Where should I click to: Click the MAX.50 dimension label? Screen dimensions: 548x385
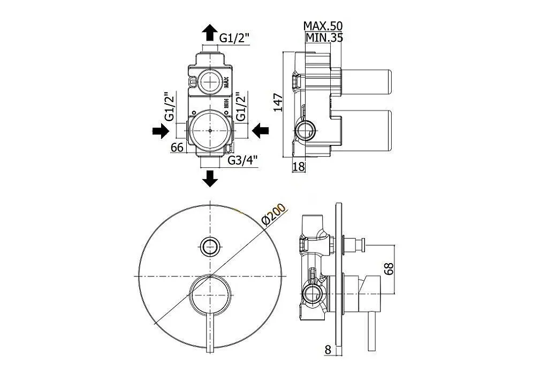pos(323,26)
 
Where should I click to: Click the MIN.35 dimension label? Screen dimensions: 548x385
pos(324,37)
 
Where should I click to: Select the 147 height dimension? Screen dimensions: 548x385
pos(278,102)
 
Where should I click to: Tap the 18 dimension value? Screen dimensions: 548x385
pos(299,167)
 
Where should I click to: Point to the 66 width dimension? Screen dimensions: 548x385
pos(177,148)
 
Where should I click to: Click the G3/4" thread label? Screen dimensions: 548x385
pos(242,160)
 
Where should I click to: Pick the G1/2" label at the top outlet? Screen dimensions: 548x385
pos(234,38)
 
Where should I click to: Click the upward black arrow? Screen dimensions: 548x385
pos(210,32)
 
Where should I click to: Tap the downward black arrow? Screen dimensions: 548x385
pos(210,178)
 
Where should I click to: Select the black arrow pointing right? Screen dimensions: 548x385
pos(161,131)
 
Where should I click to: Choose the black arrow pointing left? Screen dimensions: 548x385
pos(261,130)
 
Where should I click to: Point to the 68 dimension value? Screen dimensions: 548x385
pos(389,268)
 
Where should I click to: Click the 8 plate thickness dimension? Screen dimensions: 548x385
pos(328,350)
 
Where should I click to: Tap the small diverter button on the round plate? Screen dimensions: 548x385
pos(210,247)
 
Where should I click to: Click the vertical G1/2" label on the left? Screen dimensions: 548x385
pos(170,106)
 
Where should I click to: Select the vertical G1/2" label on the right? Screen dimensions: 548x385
pos(241,106)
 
